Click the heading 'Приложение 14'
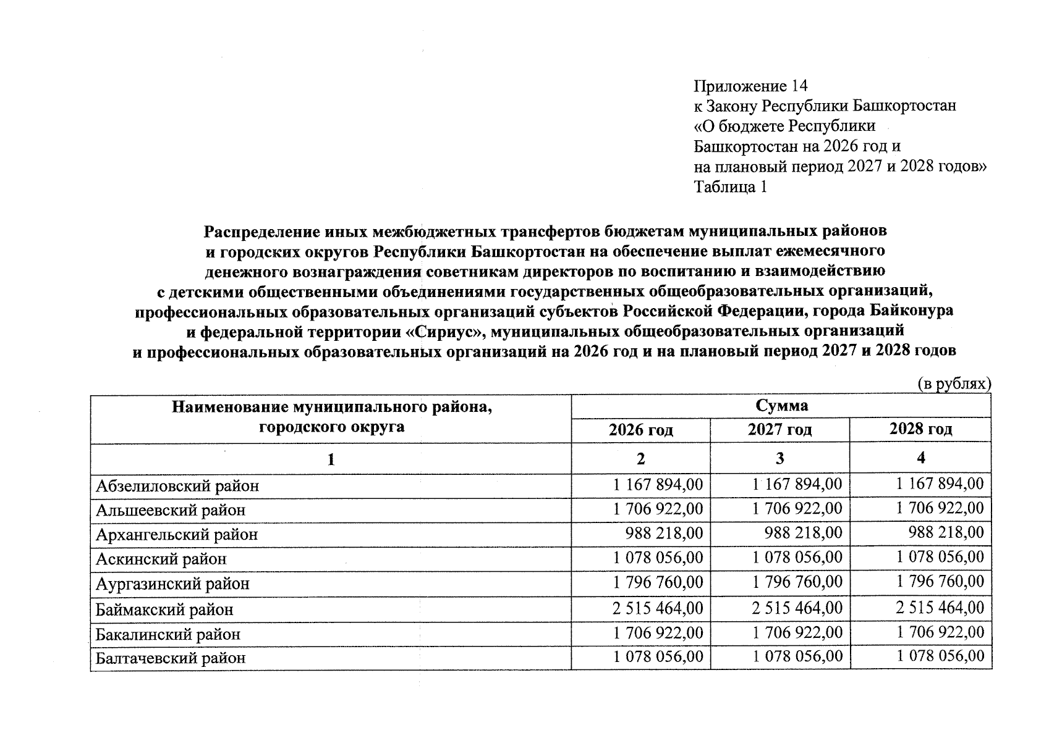750,86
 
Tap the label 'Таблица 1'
730,187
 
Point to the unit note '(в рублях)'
954,384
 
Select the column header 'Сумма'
781,406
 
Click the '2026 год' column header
640,430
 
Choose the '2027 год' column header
779,430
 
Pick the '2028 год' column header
920,429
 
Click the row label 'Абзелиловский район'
177,486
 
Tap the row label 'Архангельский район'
177,535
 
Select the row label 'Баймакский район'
164,610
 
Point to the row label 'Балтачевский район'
171,658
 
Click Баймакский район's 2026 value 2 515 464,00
658,608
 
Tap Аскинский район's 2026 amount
658,558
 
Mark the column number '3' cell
780,458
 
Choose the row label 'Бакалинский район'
168,635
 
